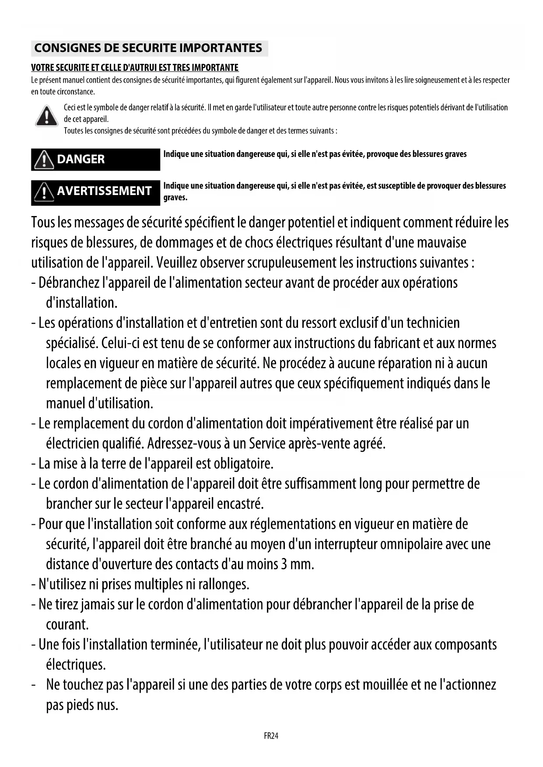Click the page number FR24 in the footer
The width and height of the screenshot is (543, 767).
(271, 736)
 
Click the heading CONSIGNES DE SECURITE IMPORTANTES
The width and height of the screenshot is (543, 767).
(148, 48)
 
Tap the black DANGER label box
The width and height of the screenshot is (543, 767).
(95, 159)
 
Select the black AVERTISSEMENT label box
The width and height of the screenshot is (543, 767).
(95, 191)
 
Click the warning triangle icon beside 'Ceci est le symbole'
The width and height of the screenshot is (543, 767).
(46, 116)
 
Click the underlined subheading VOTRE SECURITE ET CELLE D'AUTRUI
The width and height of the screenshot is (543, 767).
(135, 68)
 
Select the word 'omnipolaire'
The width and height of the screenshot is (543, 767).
(411, 544)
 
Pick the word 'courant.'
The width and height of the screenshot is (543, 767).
(67, 624)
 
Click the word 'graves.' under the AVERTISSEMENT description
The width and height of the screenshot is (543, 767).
(175, 198)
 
